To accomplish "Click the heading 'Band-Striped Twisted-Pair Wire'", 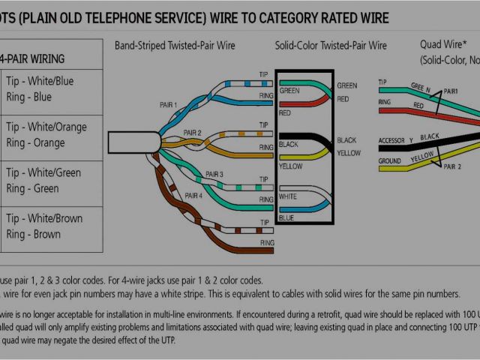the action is [175, 46].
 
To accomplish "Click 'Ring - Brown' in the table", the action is [34, 234].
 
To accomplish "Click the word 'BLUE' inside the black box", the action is [286, 218].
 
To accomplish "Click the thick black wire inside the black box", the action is [307, 140].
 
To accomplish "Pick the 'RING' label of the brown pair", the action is [266, 243].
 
